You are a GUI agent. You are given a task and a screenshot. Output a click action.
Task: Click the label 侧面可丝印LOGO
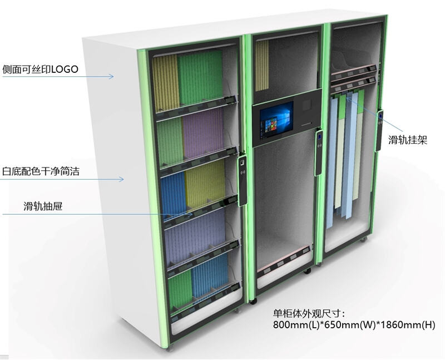[x=40, y=70]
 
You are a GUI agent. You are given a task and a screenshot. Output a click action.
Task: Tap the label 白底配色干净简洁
[x=41, y=171]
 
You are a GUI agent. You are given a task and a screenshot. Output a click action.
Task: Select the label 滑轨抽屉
[x=43, y=206]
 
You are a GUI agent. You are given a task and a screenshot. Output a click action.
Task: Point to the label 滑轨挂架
[x=408, y=140]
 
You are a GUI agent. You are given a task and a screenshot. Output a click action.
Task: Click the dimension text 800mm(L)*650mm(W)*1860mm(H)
[x=354, y=324]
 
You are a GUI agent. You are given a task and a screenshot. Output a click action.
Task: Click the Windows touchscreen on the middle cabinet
[x=276, y=120]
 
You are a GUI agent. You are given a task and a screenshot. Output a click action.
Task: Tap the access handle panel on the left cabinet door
[x=242, y=181]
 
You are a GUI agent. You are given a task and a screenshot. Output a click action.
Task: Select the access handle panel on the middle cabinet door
[x=319, y=153]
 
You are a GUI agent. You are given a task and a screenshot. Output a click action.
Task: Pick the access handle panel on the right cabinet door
[x=379, y=131]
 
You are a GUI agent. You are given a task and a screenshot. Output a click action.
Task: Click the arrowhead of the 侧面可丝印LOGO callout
[x=112, y=76]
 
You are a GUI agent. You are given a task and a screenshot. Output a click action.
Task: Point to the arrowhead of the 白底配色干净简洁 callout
[x=121, y=179]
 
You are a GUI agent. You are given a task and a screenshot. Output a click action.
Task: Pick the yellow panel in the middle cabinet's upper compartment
[x=261, y=65]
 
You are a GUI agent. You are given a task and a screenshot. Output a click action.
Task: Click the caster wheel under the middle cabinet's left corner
[x=253, y=301]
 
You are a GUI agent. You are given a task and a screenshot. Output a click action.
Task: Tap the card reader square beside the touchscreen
[x=307, y=106]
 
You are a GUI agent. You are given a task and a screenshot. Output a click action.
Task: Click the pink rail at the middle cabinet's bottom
[x=284, y=259]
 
